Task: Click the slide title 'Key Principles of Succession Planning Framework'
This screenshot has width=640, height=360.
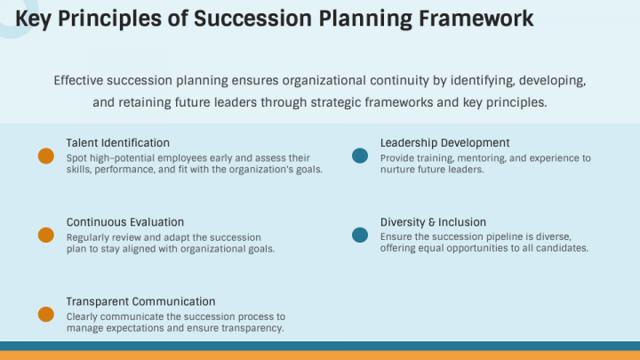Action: point(275,19)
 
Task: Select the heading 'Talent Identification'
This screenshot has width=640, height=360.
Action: point(117,142)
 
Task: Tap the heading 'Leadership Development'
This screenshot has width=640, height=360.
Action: point(444,142)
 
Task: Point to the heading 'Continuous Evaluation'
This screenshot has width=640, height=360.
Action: point(124,221)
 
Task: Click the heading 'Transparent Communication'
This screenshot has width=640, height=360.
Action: point(140,301)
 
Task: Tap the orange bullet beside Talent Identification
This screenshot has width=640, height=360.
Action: point(46,156)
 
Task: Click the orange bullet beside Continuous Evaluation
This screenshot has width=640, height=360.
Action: point(46,235)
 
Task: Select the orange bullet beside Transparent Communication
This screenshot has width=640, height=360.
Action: point(46,314)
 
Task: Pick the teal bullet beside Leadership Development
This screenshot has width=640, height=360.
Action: point(360,156)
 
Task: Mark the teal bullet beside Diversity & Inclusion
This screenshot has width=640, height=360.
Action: point(360,235)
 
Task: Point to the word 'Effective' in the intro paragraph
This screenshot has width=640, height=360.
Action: point(77,80)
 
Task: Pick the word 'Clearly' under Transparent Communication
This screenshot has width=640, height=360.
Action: point(84,316)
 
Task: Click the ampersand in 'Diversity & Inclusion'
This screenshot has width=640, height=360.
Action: point(429,221)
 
